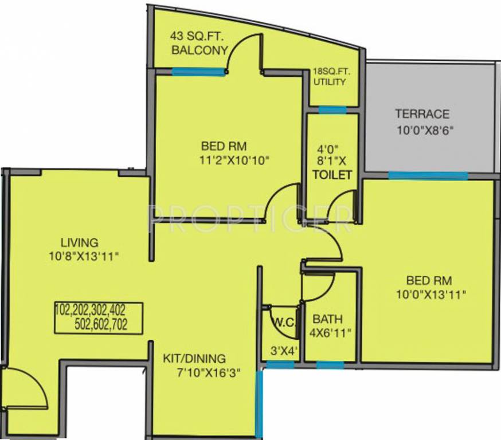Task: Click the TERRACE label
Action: (422, 114)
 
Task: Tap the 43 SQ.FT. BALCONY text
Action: (198, 44)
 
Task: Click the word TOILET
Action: (332, 175)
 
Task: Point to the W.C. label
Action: (283, 322)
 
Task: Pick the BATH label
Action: (324, 319)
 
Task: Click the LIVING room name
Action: (80, 242)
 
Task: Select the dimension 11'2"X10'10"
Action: (231, 160)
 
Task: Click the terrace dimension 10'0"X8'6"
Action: (425, 129)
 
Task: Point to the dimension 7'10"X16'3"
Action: (208, 374)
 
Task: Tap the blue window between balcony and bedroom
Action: (198, 72)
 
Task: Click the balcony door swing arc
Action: (240, 47)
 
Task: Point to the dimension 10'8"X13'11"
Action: (83, 256)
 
